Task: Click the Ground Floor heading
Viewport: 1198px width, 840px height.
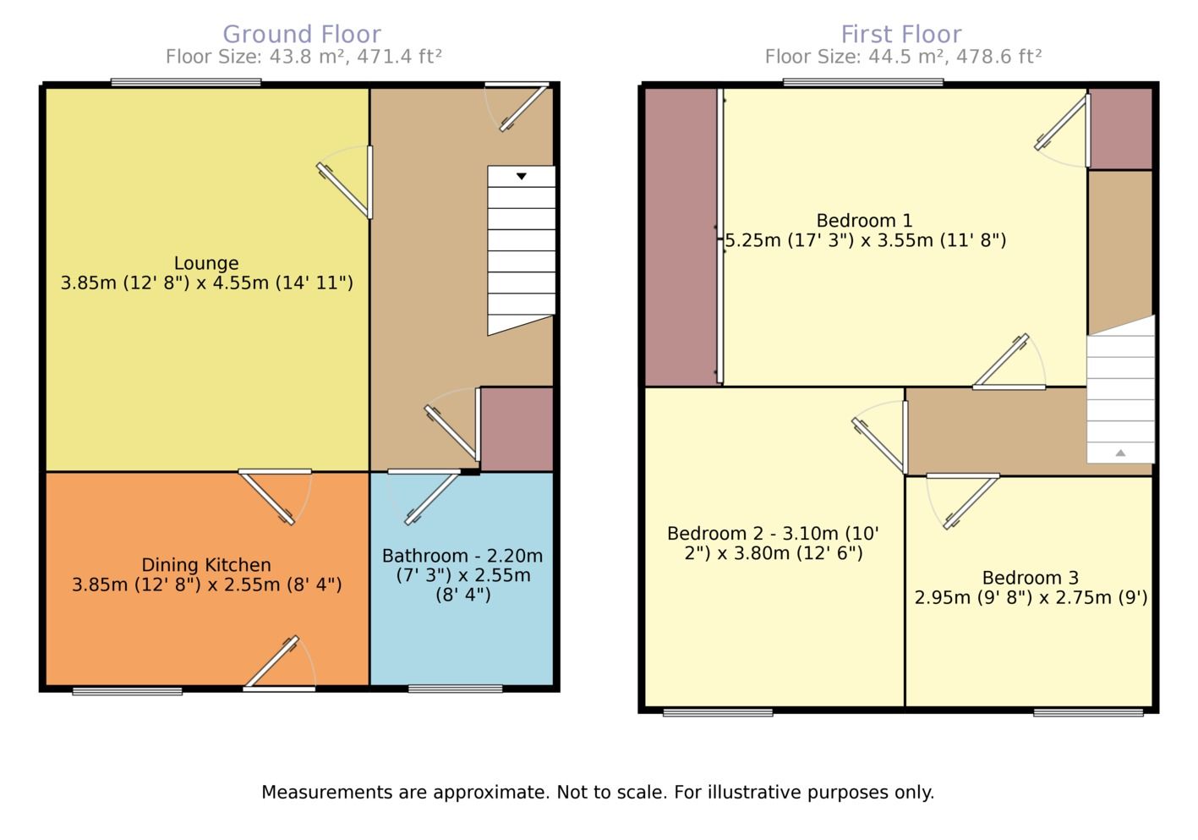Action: tap(302, 35)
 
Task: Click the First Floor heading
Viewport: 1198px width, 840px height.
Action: tap(901, 35)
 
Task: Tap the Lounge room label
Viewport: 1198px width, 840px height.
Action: tap(206, 263)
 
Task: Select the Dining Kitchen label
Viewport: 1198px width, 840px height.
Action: tap(206, 565)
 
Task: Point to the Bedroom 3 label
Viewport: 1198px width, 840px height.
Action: tap(1030, 578)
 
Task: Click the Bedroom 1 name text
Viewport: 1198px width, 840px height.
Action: tap(864, 221)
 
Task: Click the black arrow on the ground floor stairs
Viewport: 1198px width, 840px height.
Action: tap(522, 176)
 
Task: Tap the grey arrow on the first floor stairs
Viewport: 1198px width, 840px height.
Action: tap(1120, 453)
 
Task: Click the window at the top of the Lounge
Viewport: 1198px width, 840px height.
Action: tap(186, 83)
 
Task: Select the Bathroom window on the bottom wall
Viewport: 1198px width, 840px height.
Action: tap(455, 689)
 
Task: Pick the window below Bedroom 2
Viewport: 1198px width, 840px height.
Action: tap(718, 713)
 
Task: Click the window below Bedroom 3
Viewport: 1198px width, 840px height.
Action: tap(1088, 713)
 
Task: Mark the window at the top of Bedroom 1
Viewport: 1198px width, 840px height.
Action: tap(863, 83)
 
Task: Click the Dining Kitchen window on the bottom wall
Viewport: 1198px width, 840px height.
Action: tap(127, 692)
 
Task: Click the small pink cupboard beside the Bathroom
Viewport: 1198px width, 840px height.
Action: tap(517, 429)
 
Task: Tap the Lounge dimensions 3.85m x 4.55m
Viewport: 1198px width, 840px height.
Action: tap(206, 283)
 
